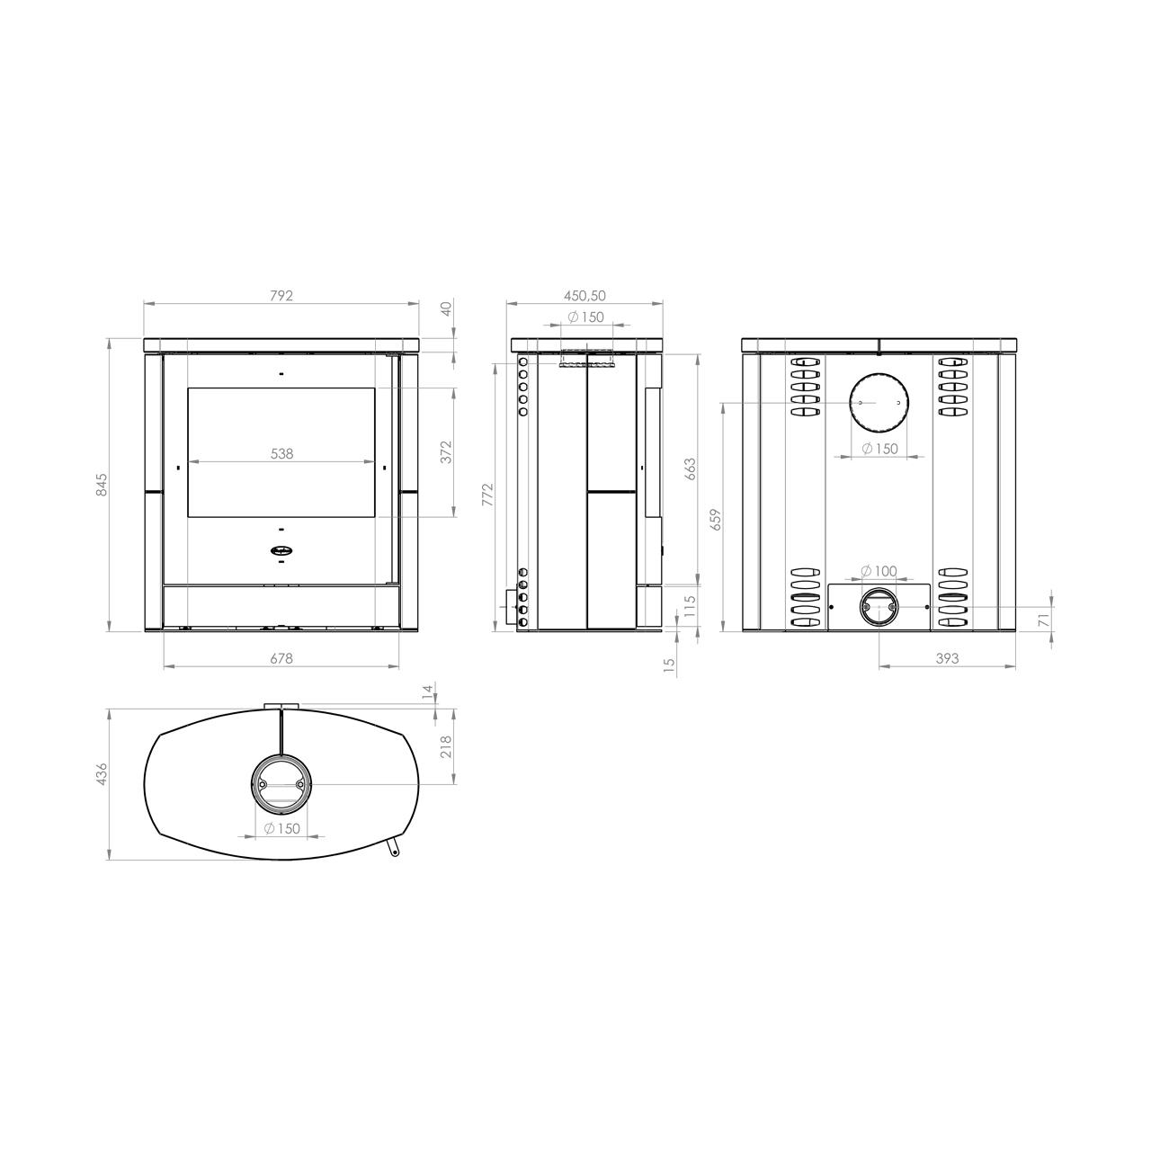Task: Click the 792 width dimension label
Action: point(281,296)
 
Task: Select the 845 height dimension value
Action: point(102,485)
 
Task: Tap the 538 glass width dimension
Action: point(282,454)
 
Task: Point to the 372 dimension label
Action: point(448,451)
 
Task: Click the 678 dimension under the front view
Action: point(281,658)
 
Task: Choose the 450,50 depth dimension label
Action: point(584,296)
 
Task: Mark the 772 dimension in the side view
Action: point(488,495)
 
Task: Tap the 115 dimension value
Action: point(690,607)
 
